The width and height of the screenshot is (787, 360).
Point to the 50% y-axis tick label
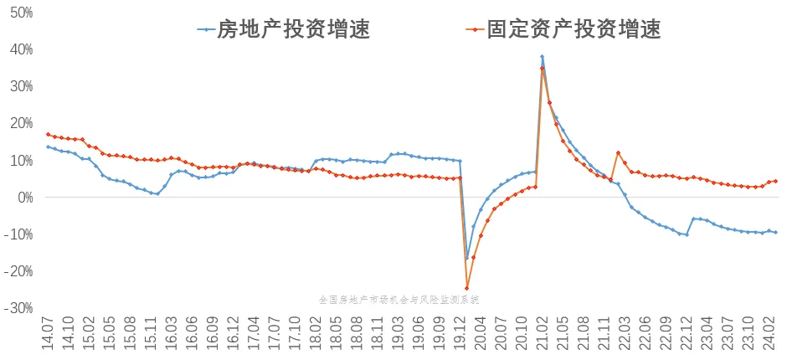coord(20,13)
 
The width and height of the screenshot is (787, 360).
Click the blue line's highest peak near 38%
coord(542,57)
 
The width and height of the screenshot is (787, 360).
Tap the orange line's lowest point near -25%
coord(466,288)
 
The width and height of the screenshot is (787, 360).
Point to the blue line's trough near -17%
coord(466,259)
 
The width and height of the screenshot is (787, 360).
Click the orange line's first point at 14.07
coord(48,134)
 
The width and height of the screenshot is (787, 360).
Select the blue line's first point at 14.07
coord(48,147)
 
